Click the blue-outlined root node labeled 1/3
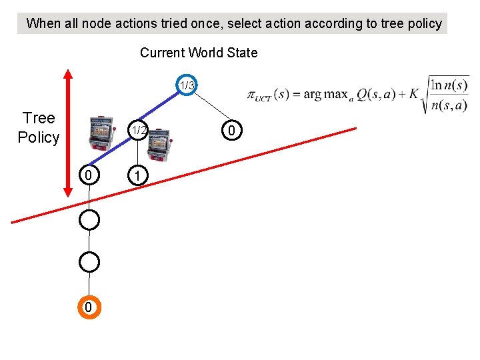point(187,85)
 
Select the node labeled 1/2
point(137,131)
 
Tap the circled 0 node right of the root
point(231,131)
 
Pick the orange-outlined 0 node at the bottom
point(89,307)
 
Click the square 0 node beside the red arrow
point(89,176)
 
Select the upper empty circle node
point(89,219)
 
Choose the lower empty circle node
point(89,262)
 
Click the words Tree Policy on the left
point(39,128)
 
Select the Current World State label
point(199,53)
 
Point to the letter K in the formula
point(414,94)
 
